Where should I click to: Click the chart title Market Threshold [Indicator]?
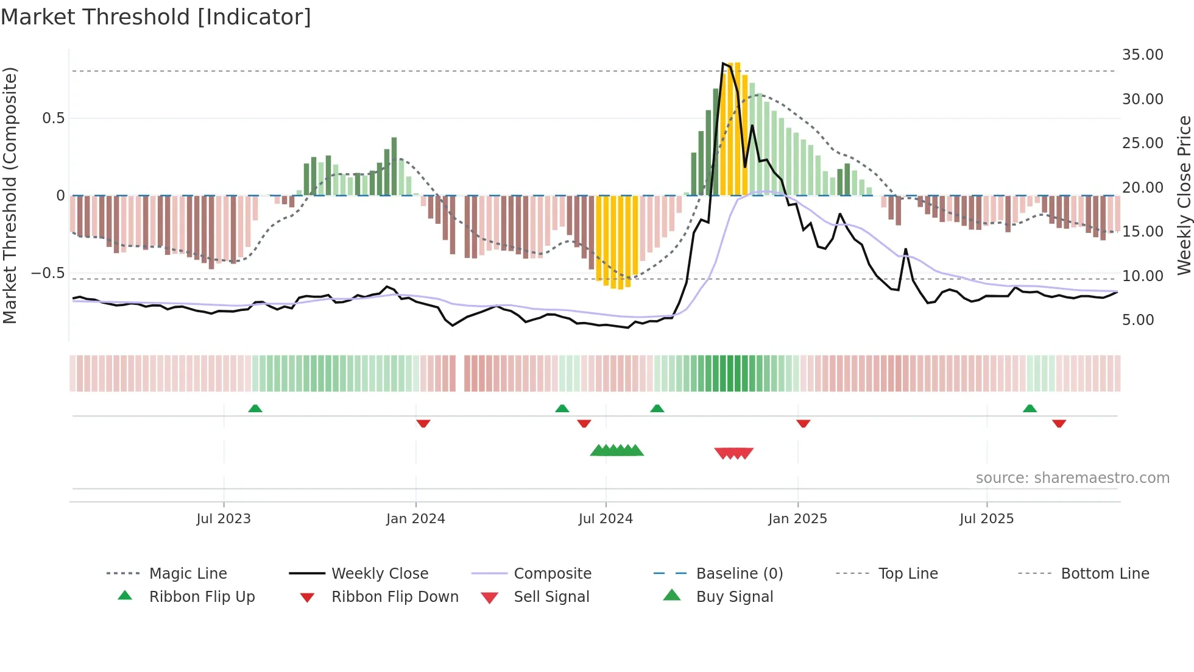point(156,17)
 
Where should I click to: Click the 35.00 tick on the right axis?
point(1142,55)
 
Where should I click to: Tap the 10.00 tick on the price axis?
point(1142,276)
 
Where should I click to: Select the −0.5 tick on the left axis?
point(48,273)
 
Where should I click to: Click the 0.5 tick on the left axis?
point(53,118)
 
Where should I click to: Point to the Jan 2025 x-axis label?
point(797,519)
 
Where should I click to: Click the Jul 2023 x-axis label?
point(224,519)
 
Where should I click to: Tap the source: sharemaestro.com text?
point(1072,478)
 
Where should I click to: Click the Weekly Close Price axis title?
point(1184,195)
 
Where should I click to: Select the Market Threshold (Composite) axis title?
point(10,195)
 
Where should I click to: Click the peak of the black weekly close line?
point(723,63)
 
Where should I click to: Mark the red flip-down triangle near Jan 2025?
point(803,423)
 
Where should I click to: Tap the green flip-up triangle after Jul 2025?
point(1030,409)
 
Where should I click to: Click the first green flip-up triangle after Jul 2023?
point(255,409)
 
